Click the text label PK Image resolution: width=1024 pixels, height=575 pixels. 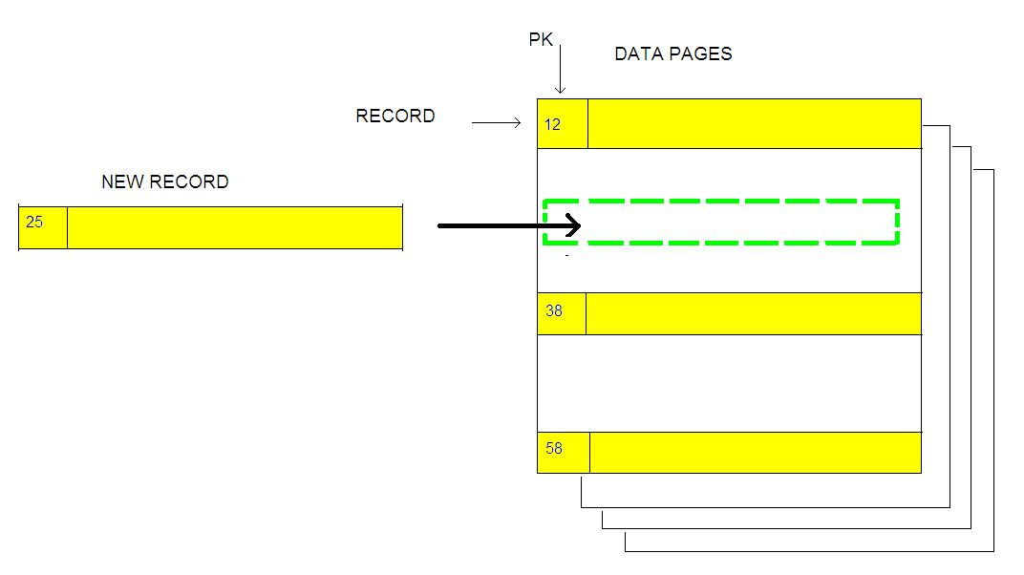pos(541,39)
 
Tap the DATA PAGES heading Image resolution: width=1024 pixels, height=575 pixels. pos(672,54)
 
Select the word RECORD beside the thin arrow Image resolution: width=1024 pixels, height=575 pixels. pos(395,117)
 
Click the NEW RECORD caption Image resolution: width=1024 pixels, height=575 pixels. pos(165,181)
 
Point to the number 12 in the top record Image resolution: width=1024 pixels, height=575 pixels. pos(553,125)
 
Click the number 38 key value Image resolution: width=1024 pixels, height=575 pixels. pos(554,311)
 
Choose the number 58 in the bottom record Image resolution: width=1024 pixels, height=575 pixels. pos(554,448)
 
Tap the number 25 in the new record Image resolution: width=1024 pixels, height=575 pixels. pos(34,222)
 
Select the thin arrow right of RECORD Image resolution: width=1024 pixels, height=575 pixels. pos(496,123)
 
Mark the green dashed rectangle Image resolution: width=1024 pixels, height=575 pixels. pos(721,202)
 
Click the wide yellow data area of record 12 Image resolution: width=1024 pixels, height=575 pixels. pos(754,123)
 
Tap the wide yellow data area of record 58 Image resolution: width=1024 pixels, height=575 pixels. pos(755,453)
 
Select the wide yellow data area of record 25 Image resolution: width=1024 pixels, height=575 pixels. pos(234,227)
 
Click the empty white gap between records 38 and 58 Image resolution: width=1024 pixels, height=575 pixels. pos(729,383)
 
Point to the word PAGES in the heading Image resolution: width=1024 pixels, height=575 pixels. pos(701,54)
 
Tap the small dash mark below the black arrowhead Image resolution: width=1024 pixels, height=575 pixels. pos(566,256)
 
